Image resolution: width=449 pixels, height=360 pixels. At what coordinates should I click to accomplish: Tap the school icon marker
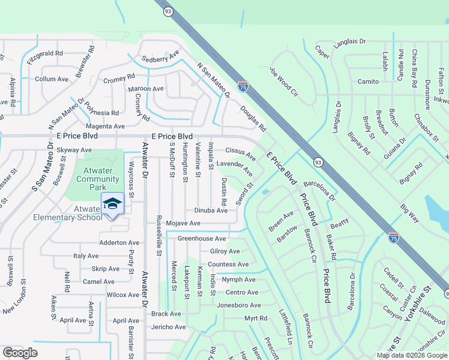point(112,204)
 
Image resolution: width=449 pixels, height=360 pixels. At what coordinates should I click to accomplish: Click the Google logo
point(20,353)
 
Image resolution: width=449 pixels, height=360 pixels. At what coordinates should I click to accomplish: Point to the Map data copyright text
point(411,355)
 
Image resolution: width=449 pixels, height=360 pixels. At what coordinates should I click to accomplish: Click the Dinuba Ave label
point(211,211)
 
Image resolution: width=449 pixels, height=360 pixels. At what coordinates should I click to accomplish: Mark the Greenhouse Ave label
point(202,238)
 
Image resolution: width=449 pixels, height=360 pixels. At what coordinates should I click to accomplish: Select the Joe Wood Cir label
point(284,81)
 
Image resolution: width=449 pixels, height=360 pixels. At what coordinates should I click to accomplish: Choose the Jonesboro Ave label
point(238,305)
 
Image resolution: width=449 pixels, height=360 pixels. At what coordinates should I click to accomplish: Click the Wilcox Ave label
point(123,295)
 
